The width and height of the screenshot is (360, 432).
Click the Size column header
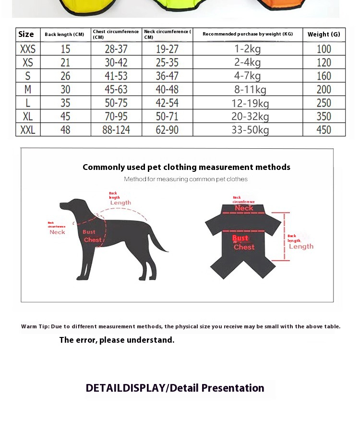[26, 34]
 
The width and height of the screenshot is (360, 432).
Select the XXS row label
[28, 48]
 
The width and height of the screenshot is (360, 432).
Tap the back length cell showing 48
[65, 130]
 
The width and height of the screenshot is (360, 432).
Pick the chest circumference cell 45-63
[116, 89]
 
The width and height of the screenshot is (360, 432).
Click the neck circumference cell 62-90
[167, 130]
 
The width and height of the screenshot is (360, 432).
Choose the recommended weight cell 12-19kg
[248, 103]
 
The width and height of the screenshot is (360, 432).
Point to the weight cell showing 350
[324, 116]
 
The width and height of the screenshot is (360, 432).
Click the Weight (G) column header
[324, 34]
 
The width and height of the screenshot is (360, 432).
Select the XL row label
[28, 116]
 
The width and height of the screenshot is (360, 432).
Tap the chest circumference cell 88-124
[116, 130]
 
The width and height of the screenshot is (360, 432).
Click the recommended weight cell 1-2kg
[248, 48]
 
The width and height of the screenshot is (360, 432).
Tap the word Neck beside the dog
[57, 232]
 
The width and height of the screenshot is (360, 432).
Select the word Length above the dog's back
[120, 203]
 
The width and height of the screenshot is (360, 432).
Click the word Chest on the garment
[244, 247]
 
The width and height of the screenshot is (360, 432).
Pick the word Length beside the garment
[301, 246]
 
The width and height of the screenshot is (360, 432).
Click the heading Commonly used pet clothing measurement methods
[186, 167]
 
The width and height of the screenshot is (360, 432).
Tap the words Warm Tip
[35, 326]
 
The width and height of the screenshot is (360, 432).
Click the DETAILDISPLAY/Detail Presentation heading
[175, 388]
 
